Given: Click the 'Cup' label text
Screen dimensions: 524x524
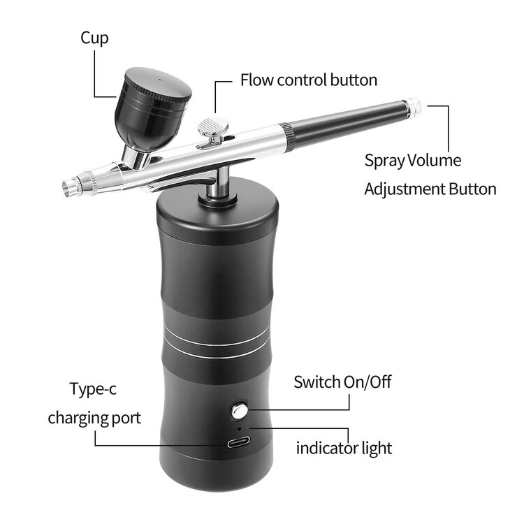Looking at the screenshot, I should (x=94, y=38).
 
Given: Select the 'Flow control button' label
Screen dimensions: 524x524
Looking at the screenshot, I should (x=309, y=80).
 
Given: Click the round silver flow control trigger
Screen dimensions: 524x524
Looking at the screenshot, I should (x=215, y=127).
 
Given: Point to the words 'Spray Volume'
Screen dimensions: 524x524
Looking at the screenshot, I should (x=413, y=160).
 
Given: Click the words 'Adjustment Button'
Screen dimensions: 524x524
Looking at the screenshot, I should (x=430, y=189).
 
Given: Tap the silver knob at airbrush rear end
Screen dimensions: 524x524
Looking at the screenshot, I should (x=414, y=106).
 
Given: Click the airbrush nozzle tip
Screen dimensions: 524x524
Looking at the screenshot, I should (x=70, y=186).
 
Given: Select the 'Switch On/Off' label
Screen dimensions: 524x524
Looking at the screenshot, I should (x=342, y=382).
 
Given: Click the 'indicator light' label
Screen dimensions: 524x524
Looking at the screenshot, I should (x=344, y=447).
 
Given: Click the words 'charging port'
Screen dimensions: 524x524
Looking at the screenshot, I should (x=94, y=418).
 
